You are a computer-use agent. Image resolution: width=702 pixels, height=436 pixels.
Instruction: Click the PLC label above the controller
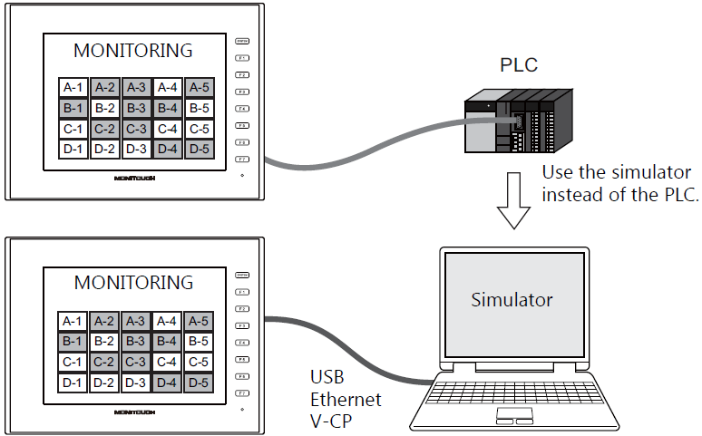point(519,65)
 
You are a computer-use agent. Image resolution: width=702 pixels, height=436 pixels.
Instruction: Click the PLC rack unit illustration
point(517,122)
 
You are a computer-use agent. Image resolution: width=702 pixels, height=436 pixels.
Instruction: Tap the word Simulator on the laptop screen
point(512,299)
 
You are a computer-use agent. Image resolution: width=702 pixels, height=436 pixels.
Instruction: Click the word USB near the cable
point(327,379)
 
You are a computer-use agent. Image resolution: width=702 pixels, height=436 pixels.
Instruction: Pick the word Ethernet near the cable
point(346,399)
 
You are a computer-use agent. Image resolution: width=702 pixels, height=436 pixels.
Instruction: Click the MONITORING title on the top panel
point(133,50)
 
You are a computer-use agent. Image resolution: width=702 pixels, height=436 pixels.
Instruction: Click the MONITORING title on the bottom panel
point(133,282)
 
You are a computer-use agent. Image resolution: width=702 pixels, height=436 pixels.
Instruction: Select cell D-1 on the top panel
point(73,149)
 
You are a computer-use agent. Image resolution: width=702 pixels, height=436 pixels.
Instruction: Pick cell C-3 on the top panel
point(136,129)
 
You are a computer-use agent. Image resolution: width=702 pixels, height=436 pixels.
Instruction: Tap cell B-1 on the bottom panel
point(73,341)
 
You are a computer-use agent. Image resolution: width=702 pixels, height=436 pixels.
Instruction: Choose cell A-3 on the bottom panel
point(136,321)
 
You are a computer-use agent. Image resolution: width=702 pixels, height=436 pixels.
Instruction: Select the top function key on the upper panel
point(242,41)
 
